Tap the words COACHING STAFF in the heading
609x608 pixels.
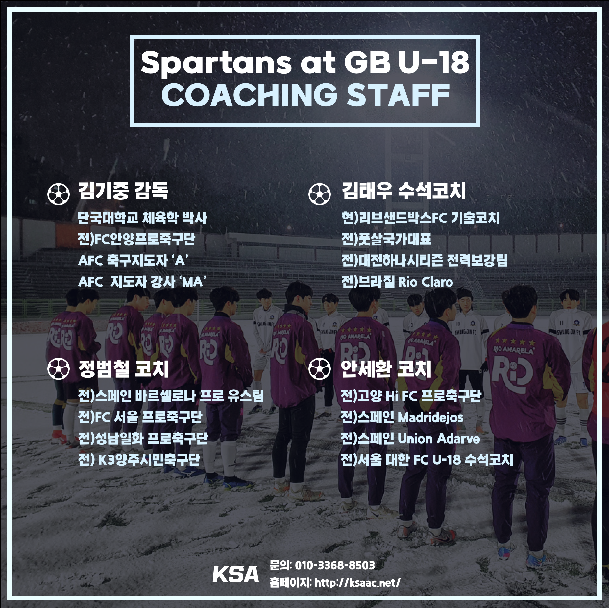click(305, 95)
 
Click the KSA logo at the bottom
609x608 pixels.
click(235, 574)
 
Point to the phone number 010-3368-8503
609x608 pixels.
click(335, 565)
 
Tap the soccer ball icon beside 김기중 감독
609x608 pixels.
click(59, 194)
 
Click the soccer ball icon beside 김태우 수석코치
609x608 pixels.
click(320, 194)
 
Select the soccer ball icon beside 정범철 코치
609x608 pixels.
click(59, 368)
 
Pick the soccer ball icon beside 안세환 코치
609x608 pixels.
click(320, 368)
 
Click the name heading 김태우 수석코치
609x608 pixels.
click(404, 191)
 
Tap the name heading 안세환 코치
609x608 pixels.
click(386, 369)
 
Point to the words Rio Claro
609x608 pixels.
click(426, 282)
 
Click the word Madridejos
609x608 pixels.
click(430, 417)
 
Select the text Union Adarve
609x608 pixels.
click(439, 439)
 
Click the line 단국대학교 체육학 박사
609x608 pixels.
click(142, 218)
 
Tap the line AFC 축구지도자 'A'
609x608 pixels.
click(133, 261)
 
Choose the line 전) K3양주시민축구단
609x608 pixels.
click(139, 459)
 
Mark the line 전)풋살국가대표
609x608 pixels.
click(386, 239)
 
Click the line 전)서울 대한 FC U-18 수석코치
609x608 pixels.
click(427, 459)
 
